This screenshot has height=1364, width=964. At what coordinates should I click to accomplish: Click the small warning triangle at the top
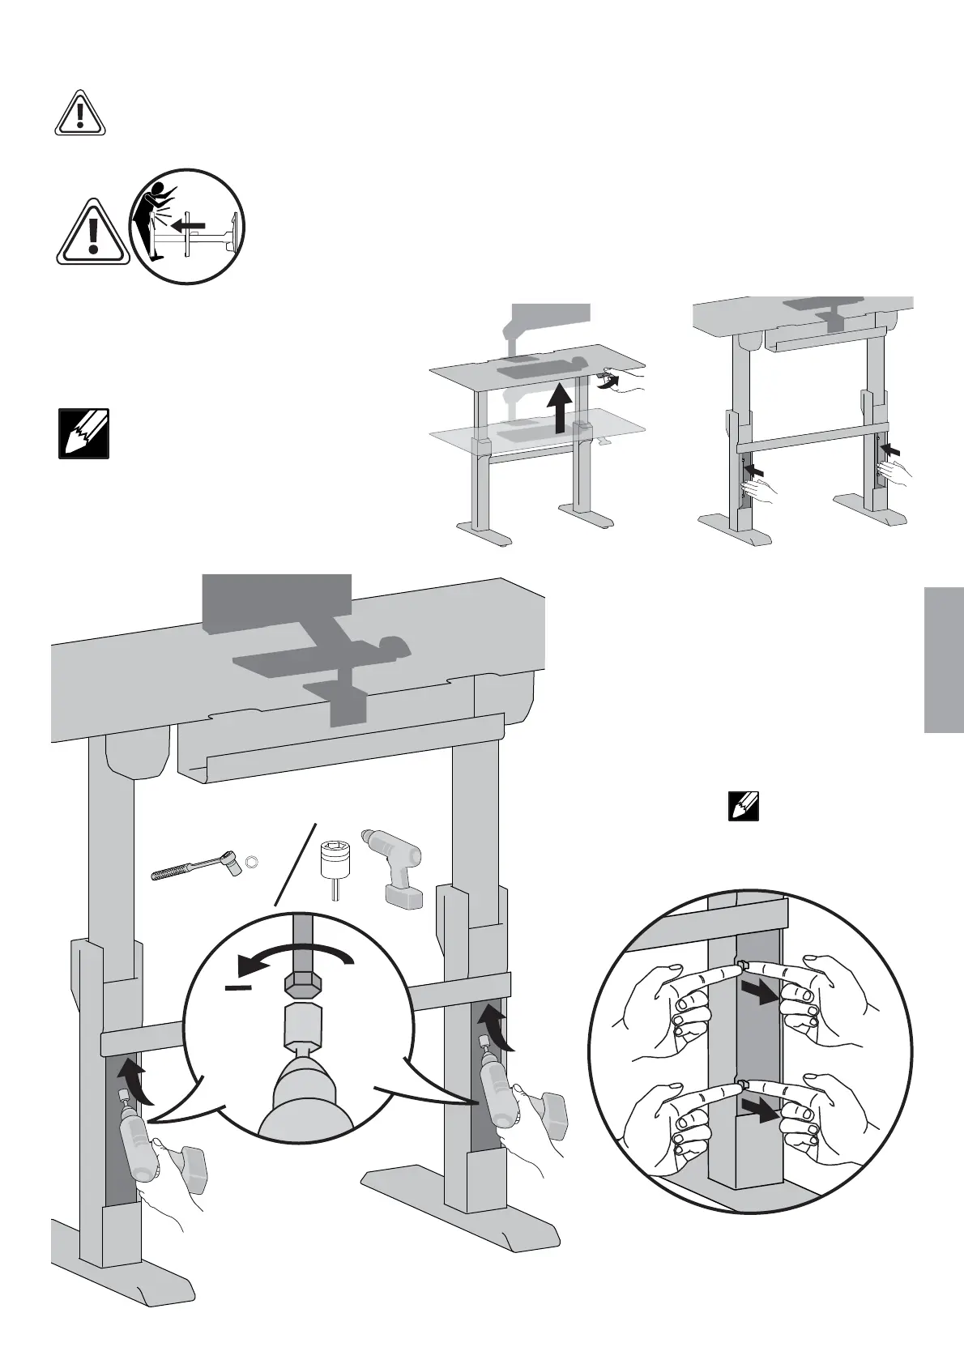79,113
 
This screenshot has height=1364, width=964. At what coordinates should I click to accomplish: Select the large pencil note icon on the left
83,434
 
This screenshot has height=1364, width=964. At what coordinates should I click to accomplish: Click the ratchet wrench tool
194,868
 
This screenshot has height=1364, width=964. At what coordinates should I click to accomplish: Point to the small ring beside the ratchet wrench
252,860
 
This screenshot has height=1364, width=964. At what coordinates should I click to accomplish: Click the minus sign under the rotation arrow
238,987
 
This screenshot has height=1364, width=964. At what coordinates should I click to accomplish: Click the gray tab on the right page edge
943,659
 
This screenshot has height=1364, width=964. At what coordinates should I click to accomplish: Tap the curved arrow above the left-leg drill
134,1082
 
